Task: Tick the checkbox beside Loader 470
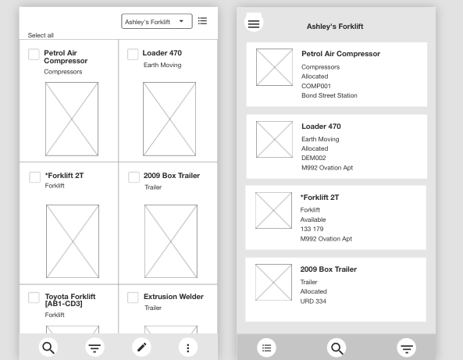click(133, 55)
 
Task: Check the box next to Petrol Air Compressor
click(34, 55)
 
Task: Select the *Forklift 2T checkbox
click(34, 177)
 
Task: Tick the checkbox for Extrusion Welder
click(133, 298)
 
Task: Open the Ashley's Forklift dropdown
click(157, 22)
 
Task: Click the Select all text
click(41, 35)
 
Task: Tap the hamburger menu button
click(254, 23)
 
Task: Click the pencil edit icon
click(142, 347)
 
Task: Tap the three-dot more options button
click(188, 348)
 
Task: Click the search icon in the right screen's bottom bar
click(337, 348)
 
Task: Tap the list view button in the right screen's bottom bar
click(267, 348)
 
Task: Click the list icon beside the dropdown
click(202, 21)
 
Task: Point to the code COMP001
click(316, 86)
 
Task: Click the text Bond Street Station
click(329, 95)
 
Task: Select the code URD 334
click(313, 301)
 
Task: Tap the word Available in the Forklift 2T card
click(313, 219)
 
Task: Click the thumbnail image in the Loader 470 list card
click(274, 140)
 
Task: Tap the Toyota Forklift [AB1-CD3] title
click(70, 300)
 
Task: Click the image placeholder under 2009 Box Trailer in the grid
click(171, 241)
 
